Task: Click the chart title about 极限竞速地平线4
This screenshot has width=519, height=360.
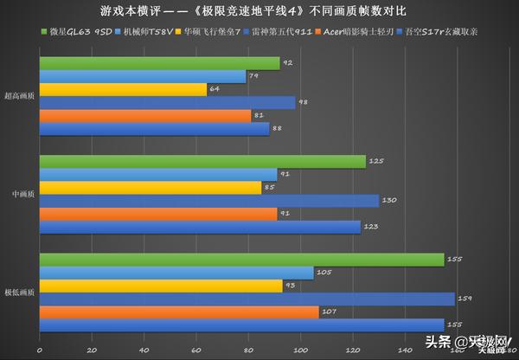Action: pos(259,14)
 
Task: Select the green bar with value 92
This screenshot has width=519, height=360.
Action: pos(160,63)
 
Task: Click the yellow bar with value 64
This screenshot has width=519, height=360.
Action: pos(124,89)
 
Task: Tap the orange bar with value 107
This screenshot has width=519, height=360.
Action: pos(179,312)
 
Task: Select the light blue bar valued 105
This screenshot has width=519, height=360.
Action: pos(176,273)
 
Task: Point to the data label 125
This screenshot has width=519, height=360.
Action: pos(375,162)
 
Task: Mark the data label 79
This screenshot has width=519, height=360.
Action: pos(254,76)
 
